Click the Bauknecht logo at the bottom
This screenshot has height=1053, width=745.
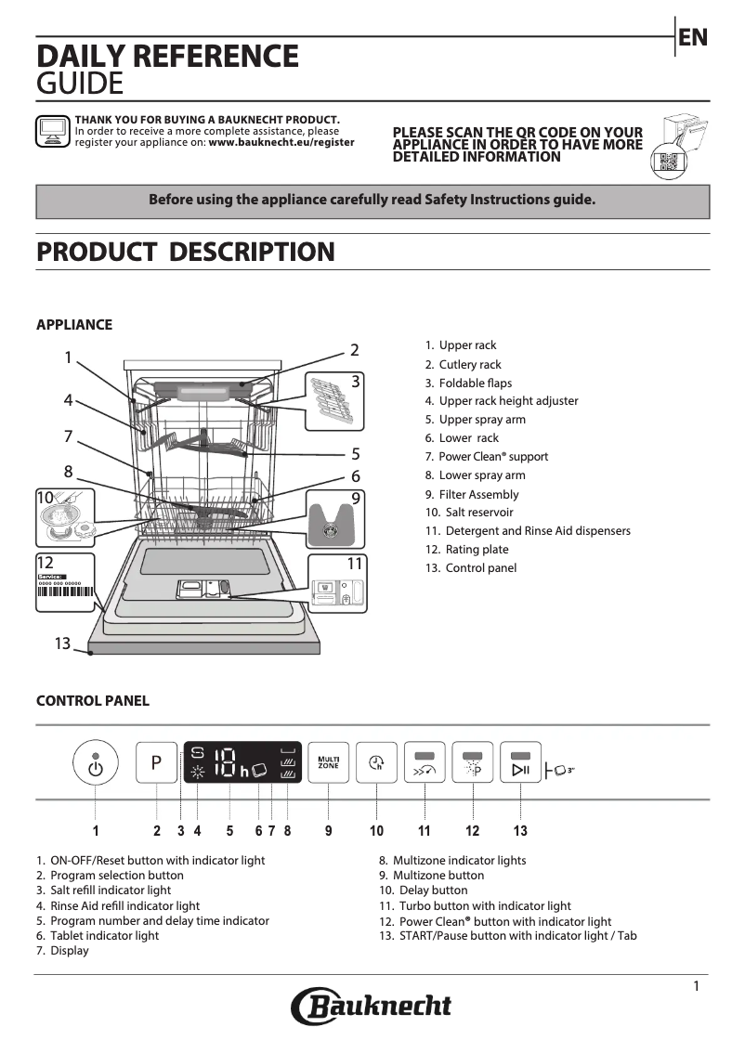[x=372, y=1006]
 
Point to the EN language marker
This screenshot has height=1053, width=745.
[x=693, y=37]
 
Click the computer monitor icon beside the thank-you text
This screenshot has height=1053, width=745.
[x=52, y=131]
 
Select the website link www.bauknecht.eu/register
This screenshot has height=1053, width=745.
[x=281, y=143]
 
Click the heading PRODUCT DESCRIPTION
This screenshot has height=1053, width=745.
[x=185, y=252]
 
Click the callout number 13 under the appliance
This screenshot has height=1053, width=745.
[x=62, y=643]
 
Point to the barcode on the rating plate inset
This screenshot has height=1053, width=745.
[x=67, y=596]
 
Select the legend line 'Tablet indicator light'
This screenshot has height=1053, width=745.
[x=104, y=936]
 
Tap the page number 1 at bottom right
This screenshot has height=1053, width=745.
[x=696, y=986]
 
